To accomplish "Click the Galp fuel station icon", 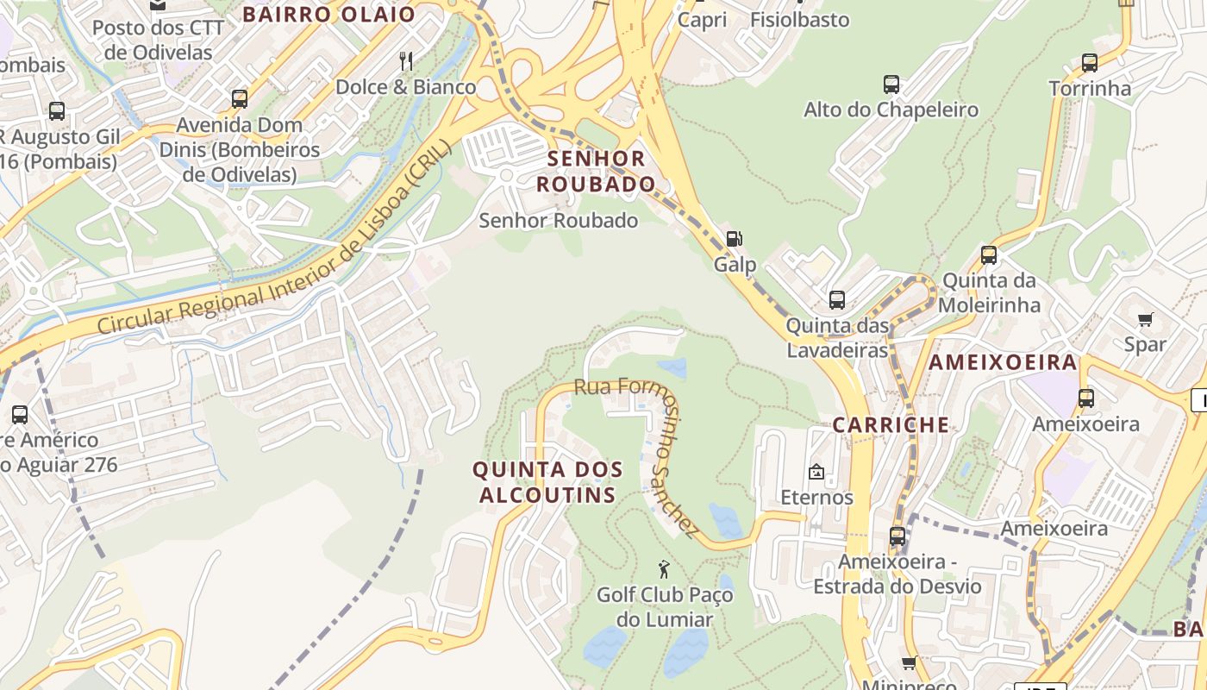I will [734, 239].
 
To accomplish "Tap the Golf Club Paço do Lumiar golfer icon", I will [664, 569].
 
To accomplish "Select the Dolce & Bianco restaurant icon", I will [406, 60].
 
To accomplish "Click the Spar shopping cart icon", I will [1145, 320].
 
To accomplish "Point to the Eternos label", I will [816, 498].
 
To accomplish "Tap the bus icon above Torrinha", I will [1090, 63].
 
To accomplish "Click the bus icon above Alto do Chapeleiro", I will [891, 85].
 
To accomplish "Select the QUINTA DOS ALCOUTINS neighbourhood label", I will [547, 482].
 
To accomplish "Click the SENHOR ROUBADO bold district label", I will [597, 171].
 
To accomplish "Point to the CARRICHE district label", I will [891, 425].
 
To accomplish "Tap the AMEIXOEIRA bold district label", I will [1003, 362].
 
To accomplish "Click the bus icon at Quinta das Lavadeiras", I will [836, 300].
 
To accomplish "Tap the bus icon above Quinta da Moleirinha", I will [989, 255].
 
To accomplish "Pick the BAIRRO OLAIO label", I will [328, 14].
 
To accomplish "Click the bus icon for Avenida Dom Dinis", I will [240, 99].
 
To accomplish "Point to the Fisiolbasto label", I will [799, 19].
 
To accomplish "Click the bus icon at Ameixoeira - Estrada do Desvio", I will [897, 536].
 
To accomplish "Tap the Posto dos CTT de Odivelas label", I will [158, 40].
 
